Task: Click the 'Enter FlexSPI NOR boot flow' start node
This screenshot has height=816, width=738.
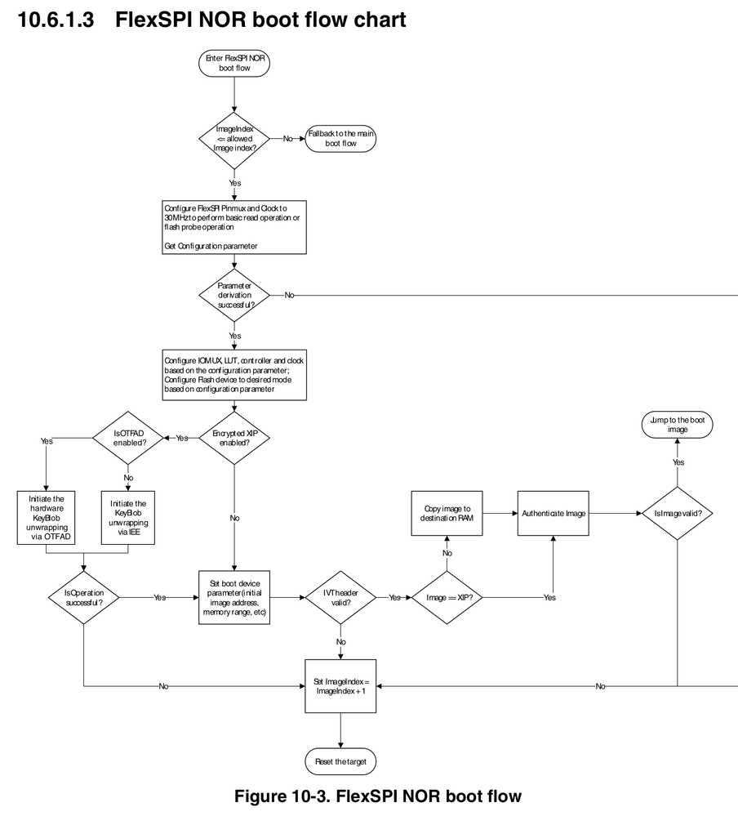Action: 234,65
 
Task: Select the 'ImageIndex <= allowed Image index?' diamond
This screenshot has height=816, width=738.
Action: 234,139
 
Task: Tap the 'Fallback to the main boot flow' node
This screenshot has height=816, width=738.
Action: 341,139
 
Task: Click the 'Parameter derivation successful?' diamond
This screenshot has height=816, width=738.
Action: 234,295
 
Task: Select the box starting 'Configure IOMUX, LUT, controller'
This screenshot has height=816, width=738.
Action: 234,375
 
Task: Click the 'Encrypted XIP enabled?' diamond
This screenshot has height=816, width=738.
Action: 234,438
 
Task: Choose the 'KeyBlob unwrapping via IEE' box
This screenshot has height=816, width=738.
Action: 127,516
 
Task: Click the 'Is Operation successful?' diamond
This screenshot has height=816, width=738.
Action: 84,597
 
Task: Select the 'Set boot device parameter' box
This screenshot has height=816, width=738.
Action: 234,597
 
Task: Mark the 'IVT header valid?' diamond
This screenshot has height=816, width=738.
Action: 340,597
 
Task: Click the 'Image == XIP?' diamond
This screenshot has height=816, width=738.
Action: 447,597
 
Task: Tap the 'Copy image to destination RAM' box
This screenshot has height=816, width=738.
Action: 447,513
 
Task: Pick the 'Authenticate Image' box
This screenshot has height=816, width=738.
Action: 553,513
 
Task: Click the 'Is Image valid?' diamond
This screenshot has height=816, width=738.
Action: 678,513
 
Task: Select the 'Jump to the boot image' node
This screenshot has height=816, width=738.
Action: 677,425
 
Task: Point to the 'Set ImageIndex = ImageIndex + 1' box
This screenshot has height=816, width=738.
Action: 340,686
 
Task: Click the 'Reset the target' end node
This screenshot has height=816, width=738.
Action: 340,762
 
